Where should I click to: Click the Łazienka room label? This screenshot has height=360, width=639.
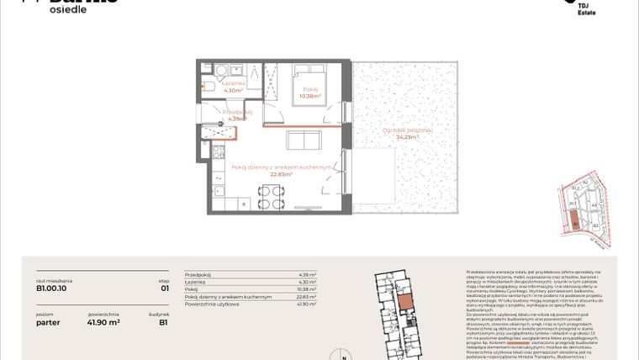(x=233, y=83)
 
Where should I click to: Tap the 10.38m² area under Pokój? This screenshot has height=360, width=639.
(x=310, y=96)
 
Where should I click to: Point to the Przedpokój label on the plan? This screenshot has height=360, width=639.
(x=237, y=111)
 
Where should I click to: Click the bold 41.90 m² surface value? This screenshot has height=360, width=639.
(x=104, y=321)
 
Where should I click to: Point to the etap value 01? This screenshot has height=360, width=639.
(x=164, y=288)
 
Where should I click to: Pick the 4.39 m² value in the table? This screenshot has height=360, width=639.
(x=307, y=274)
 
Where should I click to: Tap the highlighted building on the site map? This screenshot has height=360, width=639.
(x=576, y=222)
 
